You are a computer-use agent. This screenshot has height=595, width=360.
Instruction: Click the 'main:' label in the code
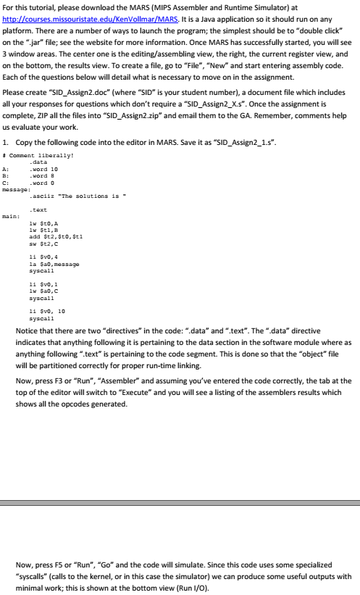pos(11,215)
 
